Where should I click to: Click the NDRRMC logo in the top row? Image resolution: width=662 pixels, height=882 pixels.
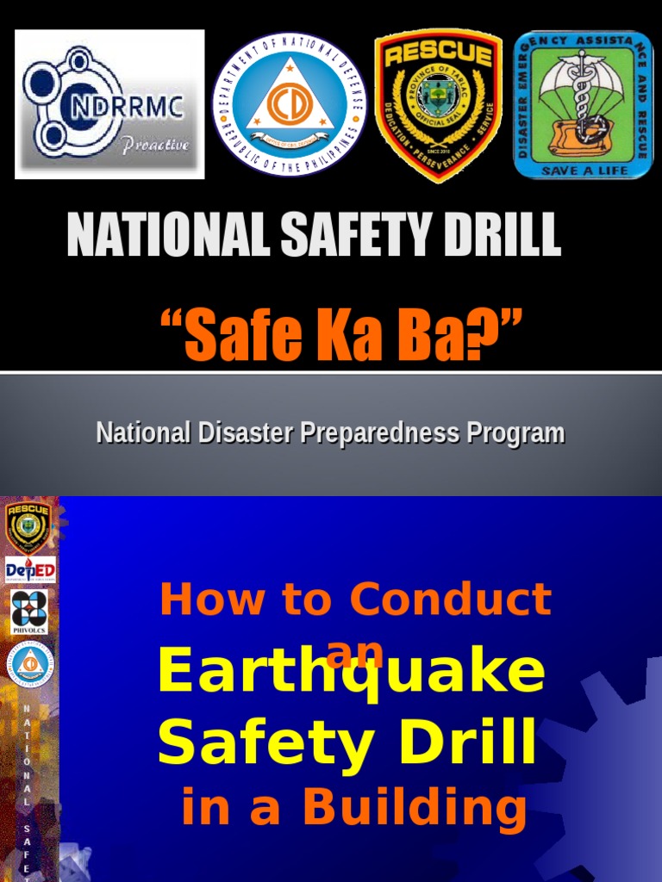pyautogui.click(x=109, y=104)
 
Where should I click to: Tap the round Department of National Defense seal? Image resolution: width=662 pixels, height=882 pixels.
pyautogui.click(x=289, y=104)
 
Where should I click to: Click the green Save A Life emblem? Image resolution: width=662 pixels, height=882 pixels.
pyautogui.click(x=583, y=104)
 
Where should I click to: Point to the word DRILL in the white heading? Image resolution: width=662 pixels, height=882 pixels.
pyautogui.click(x=492, y=234)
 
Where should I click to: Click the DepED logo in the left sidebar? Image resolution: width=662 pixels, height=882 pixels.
pyautogui.click(x=31, y=569)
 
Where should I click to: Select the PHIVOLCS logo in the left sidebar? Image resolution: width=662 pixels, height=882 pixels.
pyautogui.click(x=31, y=611)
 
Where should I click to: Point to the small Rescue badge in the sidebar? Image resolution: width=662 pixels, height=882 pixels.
pyautogui.click(x=29, y=527)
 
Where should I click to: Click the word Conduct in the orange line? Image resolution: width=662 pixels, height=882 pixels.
pyautogui.click(x=453, y=599)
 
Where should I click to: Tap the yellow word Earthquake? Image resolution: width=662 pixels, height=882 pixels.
pyautogui.click(x=351, y=674)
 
